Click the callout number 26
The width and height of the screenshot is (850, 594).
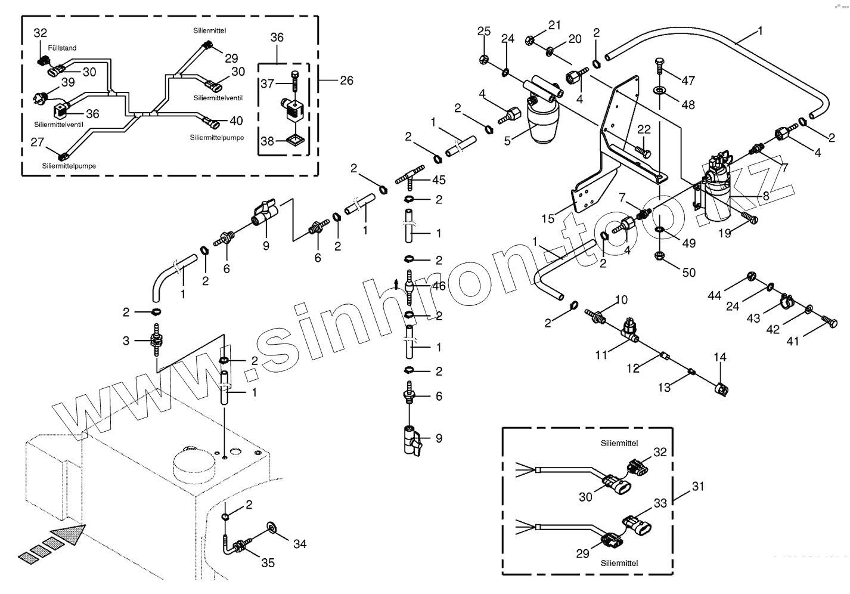coord(346,80)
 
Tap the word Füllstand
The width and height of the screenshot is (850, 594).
coord(62,48)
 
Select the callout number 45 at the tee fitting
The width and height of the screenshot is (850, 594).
coord(439,180)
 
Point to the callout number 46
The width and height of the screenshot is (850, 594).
coord(439,286)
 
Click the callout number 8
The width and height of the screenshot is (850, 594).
coord(765,196)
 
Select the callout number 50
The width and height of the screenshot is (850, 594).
coord(688,273)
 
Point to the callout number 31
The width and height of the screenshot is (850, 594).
coord(697,487)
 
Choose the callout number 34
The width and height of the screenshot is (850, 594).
coord(299,543)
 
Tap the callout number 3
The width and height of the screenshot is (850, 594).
coord(126,341)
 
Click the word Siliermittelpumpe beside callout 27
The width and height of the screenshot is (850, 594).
coord(69,165)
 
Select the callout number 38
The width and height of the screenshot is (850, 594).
coord(267,141)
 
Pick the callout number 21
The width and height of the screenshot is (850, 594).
coord(555,25)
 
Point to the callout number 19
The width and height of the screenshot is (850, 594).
coord(724,233)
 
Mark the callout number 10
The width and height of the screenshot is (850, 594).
coord(621,299)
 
